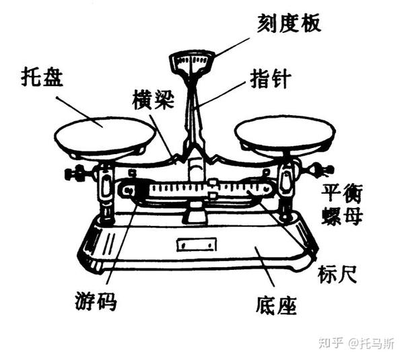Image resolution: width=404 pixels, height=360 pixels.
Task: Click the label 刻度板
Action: [288, 24]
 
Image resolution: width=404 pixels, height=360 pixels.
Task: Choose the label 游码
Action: [96, 301]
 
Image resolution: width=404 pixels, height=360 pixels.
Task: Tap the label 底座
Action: [275, 306]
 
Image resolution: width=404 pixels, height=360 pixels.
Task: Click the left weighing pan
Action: [104, 137]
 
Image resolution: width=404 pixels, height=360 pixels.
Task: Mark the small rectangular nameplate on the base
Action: [196, 244]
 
